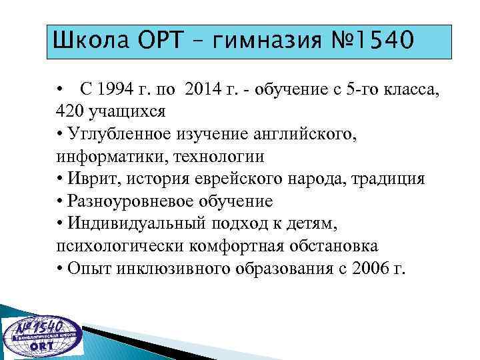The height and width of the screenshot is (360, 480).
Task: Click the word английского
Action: tap(302, 134)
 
